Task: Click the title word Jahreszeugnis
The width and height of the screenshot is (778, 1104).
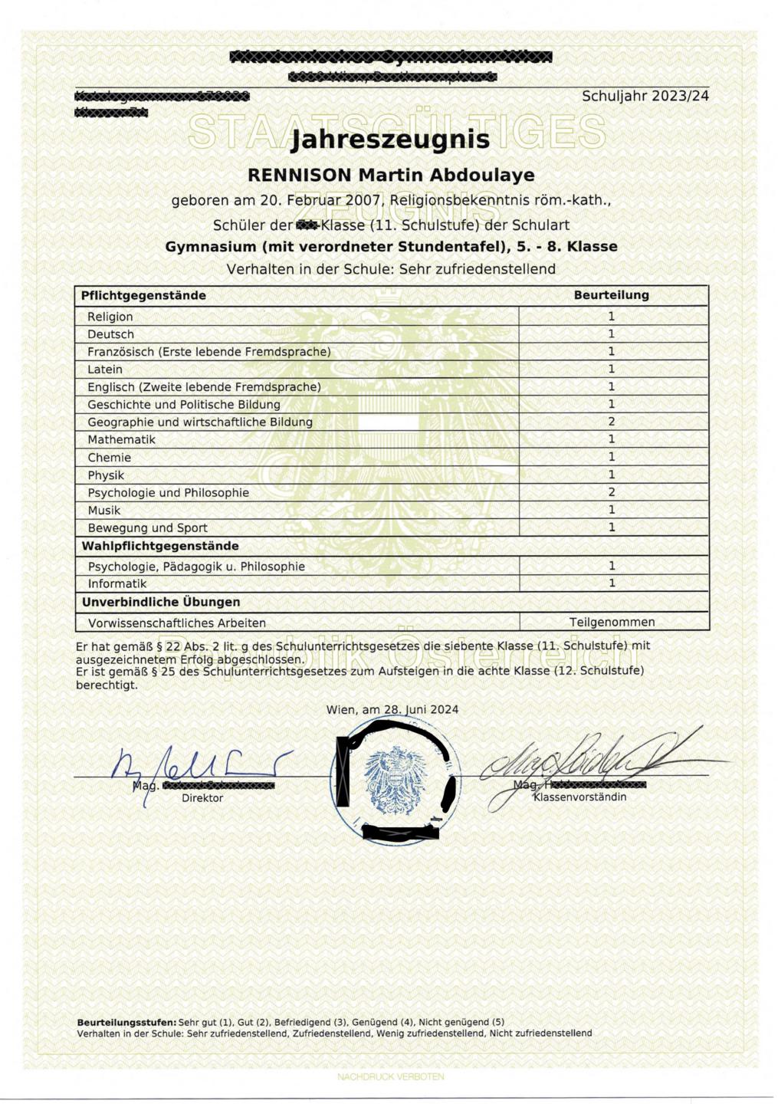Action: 390,140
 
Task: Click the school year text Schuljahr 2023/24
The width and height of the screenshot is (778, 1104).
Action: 645,97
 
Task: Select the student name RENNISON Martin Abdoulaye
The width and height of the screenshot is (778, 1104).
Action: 390,176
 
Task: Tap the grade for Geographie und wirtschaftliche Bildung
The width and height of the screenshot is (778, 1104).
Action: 611,422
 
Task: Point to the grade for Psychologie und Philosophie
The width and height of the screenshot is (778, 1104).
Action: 611,492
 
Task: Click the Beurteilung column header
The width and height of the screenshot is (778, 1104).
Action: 611,295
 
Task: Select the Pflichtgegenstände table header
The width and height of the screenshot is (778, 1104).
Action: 143,296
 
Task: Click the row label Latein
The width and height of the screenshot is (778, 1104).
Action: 105,370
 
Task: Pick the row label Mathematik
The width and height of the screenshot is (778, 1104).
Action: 121,440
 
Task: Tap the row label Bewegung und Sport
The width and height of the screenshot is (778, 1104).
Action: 147,528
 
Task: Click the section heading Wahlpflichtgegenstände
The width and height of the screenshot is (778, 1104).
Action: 160,547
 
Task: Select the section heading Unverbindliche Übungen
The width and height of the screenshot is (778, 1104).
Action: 161,603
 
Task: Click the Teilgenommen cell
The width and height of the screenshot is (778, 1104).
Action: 612,623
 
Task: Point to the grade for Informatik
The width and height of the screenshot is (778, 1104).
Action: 611,583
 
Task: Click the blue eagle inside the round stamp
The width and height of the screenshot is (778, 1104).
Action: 394,780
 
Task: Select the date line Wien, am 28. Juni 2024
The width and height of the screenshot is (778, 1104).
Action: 392,710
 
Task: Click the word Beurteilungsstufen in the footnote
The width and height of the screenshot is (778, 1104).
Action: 126,1023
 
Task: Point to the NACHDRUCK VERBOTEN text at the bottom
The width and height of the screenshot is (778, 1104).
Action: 390,1077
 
